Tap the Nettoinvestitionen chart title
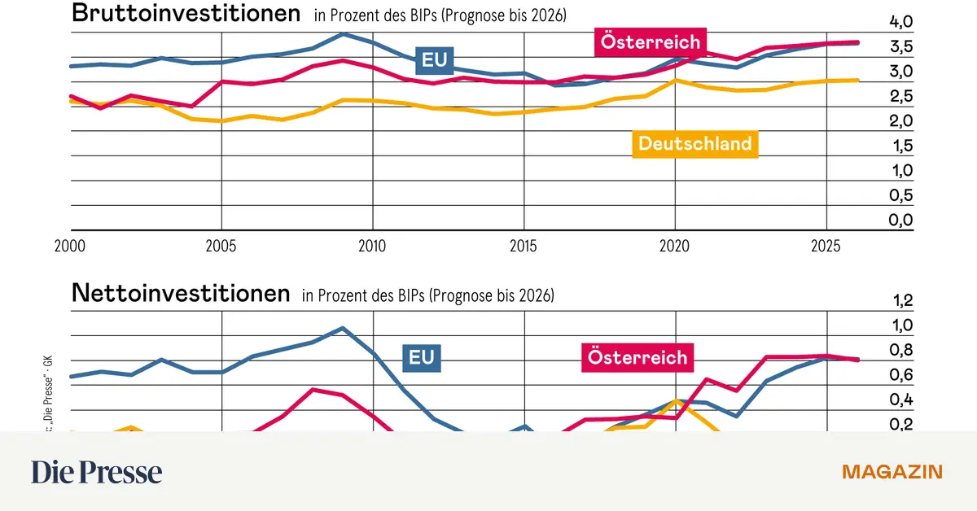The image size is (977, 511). click(181, 293)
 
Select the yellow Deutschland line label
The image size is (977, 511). click(694, 144)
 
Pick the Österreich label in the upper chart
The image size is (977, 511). click(649, 41)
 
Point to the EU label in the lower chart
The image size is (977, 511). click(421, 356)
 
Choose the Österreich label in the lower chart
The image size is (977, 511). click(637, 356)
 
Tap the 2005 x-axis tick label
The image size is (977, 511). click(221, 245)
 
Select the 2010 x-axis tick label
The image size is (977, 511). click(373, 245)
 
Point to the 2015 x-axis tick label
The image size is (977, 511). click(524, 245)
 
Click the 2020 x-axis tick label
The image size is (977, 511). click(675, 245)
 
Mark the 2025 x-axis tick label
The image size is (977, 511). click(826, 245)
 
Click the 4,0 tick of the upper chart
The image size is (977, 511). click(900, 22)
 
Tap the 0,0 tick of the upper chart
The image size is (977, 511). click(900, 221)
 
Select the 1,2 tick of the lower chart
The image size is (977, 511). click(903, 301)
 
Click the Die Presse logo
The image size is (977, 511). click(97, 472)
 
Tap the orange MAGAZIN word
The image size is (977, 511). click(892, 472)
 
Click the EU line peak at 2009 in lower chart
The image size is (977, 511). click(343, 328)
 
